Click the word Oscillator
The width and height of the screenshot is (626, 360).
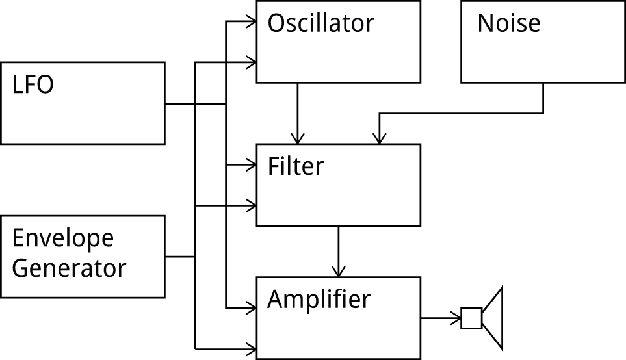(320, 23)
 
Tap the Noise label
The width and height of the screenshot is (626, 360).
(508, 23)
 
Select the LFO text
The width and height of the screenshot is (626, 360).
(33, 85)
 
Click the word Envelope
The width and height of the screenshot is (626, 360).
(62, 239)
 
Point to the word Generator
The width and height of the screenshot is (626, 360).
(68, 268)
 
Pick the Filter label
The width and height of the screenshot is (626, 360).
(295, 166)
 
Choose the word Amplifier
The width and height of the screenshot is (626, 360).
(319, 300)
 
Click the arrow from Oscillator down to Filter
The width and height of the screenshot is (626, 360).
(298, 114)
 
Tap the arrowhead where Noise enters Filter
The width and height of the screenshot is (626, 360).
(380, 138)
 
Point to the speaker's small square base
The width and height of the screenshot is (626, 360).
(471, 318)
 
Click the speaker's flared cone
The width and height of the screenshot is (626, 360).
(493, 318)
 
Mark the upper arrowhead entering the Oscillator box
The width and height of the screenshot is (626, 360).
(251, 22)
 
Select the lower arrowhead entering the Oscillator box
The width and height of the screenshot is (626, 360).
(251, 62)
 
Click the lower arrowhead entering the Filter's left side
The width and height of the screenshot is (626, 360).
(251, 206)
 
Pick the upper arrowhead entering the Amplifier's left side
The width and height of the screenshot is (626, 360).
(251, 307)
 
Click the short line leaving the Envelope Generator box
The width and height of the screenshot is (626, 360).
(180, 257)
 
